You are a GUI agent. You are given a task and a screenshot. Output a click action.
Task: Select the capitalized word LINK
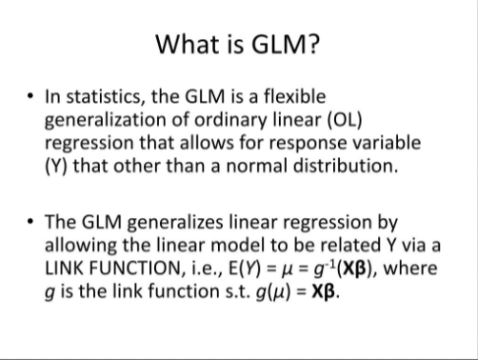click(x=68, y=269)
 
